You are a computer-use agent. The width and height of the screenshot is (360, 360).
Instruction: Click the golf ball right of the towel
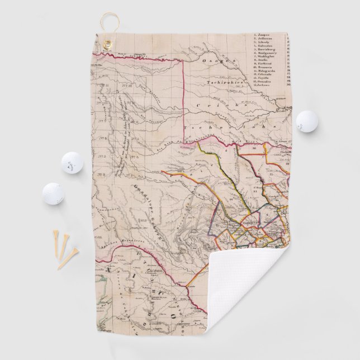[x=307, y=120]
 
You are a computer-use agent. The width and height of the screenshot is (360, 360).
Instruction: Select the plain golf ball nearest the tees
[x=53, y=193]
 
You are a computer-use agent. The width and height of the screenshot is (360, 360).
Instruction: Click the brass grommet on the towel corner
[x=107, y=44]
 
